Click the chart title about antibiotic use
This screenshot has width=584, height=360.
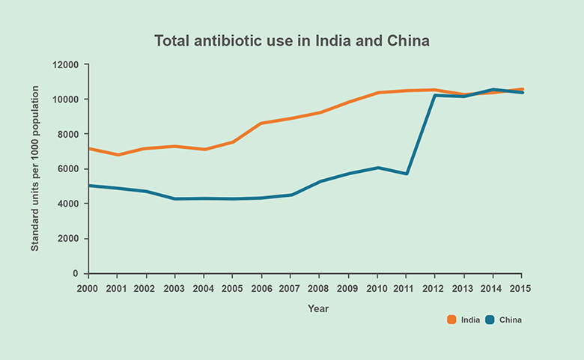pyautogui.click(x=292, y=40)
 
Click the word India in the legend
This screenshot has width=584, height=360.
pyautogui.click(x=470, y=320)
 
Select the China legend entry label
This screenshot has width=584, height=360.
pyautogui.click(x=510, y=320)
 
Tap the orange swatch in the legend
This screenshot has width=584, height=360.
pyautogui.click(x=451, y=320)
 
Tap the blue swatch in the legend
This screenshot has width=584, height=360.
pyautogui.click(x=490, y=320)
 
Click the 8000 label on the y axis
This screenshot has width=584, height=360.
pyautogui.click(x=67, y=134)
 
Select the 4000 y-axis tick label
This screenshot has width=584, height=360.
pyautogui.click(x=67, y=204)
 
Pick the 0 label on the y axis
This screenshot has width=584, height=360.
pyautogui.click(x=76, y=274)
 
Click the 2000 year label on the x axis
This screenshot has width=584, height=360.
pyautogui.click(x=88, y=288)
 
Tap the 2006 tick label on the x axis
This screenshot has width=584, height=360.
pyautogui.click(x=261, y=288)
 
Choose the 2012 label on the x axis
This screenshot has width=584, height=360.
pyautogui.click(x=435, y=288)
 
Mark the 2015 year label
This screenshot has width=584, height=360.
pyautogui.click(x=522, y=288)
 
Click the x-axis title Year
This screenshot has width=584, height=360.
pyautogui.click(x=318, y=308)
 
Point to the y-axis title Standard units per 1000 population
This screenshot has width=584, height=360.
pyautogui.click(x=34, y=168)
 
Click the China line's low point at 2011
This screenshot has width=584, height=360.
pyautogui.click(x=406, y=174)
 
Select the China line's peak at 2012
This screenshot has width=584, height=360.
pyautogui.click(x=435, y=95)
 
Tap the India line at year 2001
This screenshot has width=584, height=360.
pyautogui.click(x=118, y=155)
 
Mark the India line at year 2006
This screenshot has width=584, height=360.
pyautogui.click(x=261, y=123)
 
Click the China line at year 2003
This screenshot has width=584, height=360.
pyautogui.click(x=175, y=199)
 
